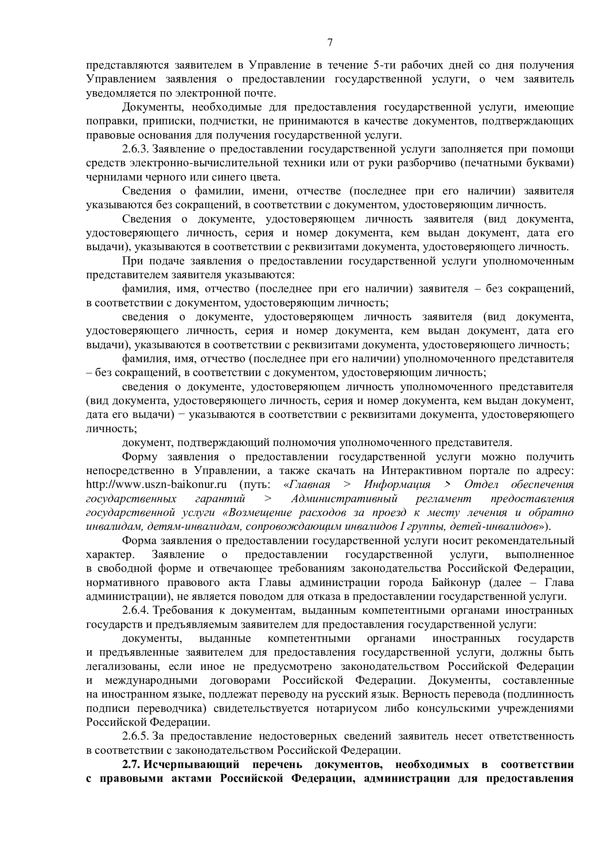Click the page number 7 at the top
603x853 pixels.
(330, 43)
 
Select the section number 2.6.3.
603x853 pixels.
(136, 149)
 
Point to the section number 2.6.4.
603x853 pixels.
(136, 610)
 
